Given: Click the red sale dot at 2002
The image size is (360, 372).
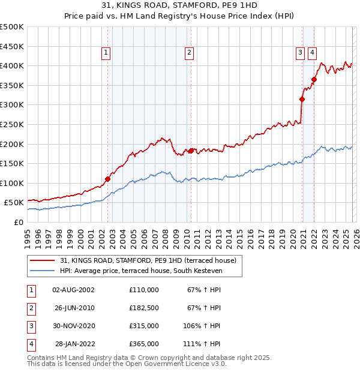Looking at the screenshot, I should pyautogui.click(x=108, y=179).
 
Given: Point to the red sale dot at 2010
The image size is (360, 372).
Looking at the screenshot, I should pyautogui.click(x=191, y=151).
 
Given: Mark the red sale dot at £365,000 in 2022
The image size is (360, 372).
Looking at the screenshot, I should pyautogui.click(x=314, y=79).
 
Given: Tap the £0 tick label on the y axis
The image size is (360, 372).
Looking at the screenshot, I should pyautogui.click(x=18, y=223).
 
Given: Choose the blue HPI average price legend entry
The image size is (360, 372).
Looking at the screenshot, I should pyautogui.click(x=140, y=271).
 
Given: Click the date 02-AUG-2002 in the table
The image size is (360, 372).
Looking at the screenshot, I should pyautogui.click(x=73, y=290).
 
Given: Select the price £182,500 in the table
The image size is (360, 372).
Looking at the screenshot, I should pyautogui.click(x=143, y=308).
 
